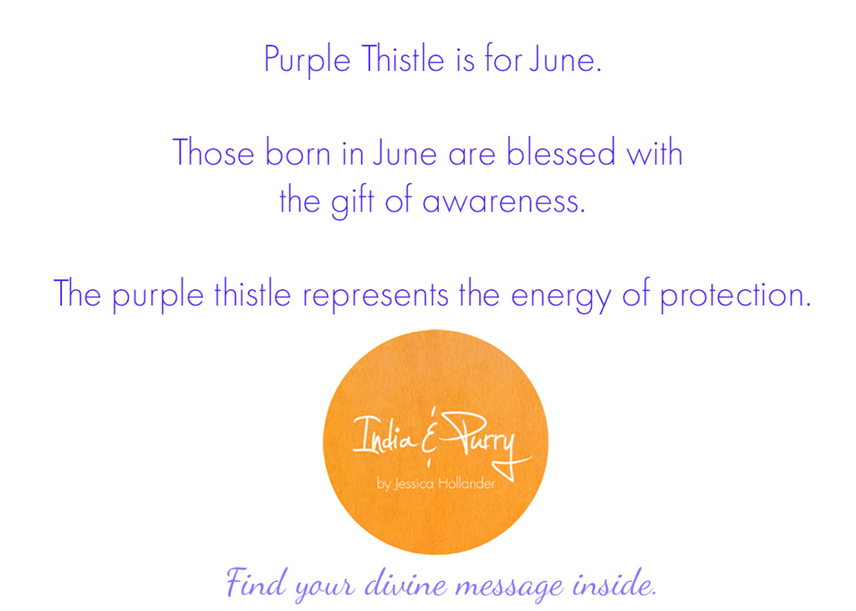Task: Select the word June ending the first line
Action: pyautogui.click(x=564, y=60)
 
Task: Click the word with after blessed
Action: pyautogui.click(x=653, y=154)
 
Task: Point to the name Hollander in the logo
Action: pyautogui.click(x=471, y=484)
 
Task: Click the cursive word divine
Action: pyautogui.click(x=405, y=583)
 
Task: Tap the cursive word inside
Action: pyautogui.click(x=613, y=583)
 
